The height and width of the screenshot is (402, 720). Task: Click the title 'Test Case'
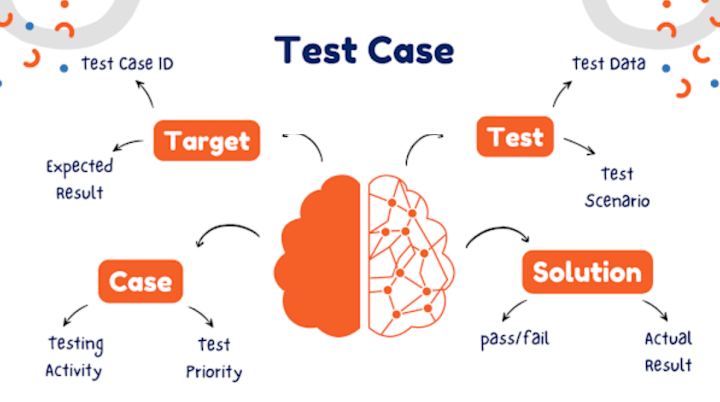tap(364, 50)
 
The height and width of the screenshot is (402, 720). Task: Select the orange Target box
tap(206, 139)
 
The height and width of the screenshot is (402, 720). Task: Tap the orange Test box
tap(515, 137)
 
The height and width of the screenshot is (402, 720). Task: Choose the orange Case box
tap(141, 281)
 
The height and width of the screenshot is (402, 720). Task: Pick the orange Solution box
tap(587, 272)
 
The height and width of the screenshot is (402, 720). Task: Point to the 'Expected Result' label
tap(79, 177)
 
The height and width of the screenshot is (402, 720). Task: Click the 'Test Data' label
tap(608, 65)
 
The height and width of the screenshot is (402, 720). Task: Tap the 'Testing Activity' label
tap(75, 357)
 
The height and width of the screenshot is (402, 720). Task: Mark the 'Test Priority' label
tap(214, 359)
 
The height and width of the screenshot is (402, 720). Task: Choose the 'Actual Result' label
tap(668, 351)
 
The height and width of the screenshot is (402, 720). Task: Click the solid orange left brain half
tap(318, 254)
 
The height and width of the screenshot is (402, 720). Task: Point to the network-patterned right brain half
tap(410, 254)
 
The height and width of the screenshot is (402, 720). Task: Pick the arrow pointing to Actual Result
tap(656, 309)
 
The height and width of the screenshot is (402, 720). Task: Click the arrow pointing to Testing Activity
tap(73, 314)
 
